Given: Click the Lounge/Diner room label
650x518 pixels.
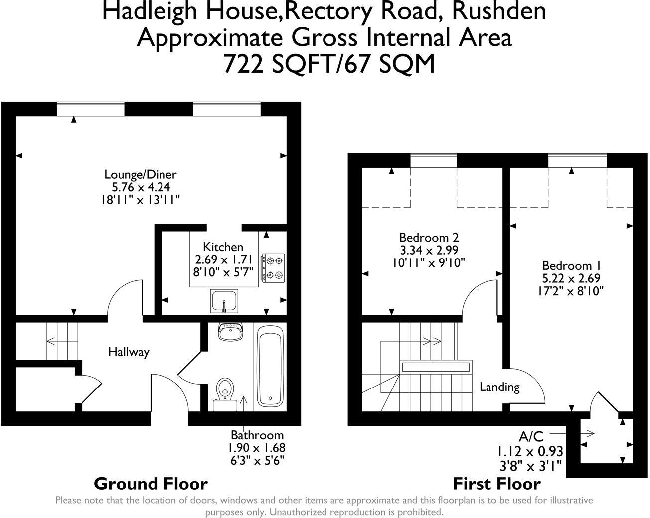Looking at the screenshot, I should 140,174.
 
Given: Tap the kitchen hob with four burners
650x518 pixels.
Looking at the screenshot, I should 273,267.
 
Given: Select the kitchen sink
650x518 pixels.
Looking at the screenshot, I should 224,301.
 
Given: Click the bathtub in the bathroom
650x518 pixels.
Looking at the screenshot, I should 270,366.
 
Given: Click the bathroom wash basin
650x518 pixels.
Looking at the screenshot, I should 230,331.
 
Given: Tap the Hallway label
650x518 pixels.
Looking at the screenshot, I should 129,352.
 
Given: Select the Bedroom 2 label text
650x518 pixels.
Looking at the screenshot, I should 429,237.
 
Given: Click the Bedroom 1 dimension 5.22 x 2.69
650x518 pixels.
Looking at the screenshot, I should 571,278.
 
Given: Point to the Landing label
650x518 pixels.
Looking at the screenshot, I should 499,387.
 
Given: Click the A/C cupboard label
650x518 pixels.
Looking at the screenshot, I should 531,437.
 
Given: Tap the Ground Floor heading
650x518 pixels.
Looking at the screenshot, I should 151,483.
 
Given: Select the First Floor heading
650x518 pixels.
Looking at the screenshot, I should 496,483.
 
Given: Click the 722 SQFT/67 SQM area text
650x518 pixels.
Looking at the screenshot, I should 329,63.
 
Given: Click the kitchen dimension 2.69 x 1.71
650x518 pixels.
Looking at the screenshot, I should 223,259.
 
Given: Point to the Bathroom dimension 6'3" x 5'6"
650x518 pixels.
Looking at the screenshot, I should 257,460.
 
